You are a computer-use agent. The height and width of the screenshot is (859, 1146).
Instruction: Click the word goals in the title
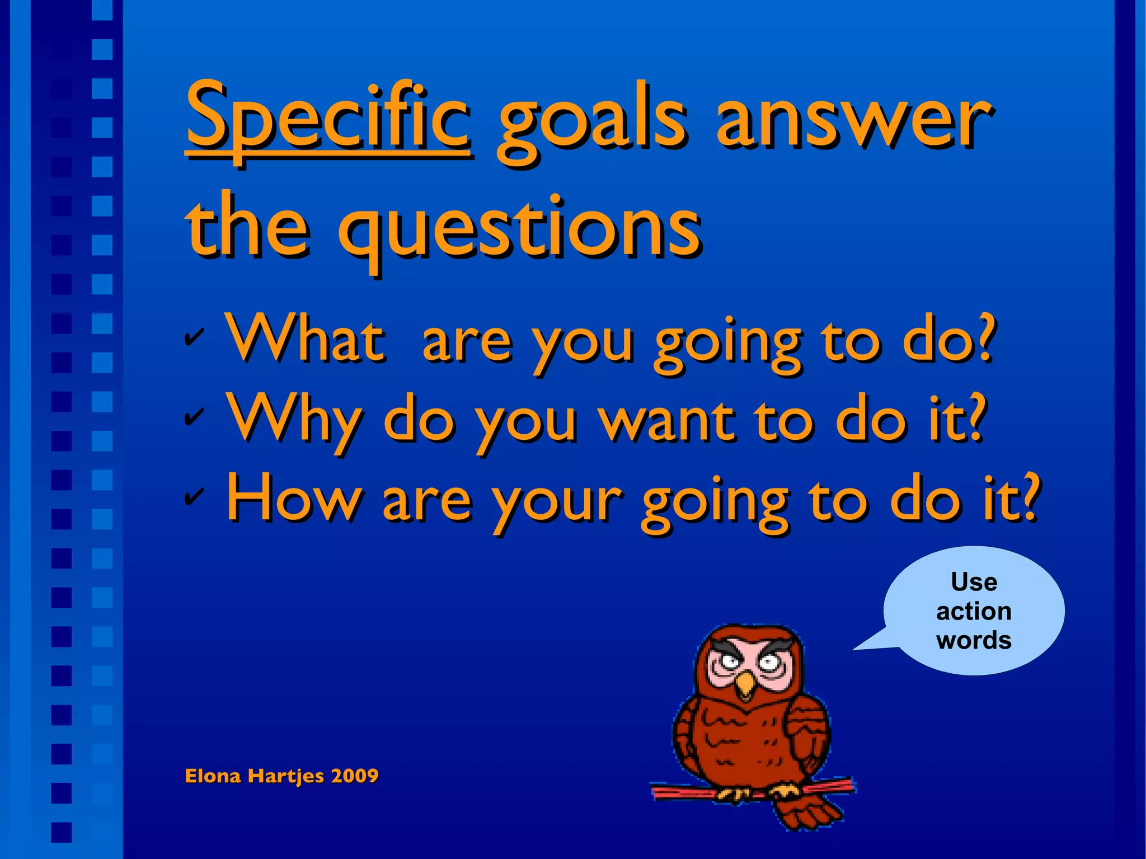pos(590,126)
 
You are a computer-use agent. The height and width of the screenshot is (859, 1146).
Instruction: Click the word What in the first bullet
pos(305,339)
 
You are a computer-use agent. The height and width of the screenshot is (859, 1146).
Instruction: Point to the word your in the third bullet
pos(557,501)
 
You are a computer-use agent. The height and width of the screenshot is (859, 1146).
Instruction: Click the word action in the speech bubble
pos(974,611)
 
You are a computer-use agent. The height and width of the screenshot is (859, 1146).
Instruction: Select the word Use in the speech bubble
pos(974,582)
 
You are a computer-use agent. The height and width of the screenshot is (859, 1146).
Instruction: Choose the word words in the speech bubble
pos(974,640)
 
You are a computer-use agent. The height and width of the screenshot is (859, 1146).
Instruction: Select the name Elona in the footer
pos(213,776)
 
